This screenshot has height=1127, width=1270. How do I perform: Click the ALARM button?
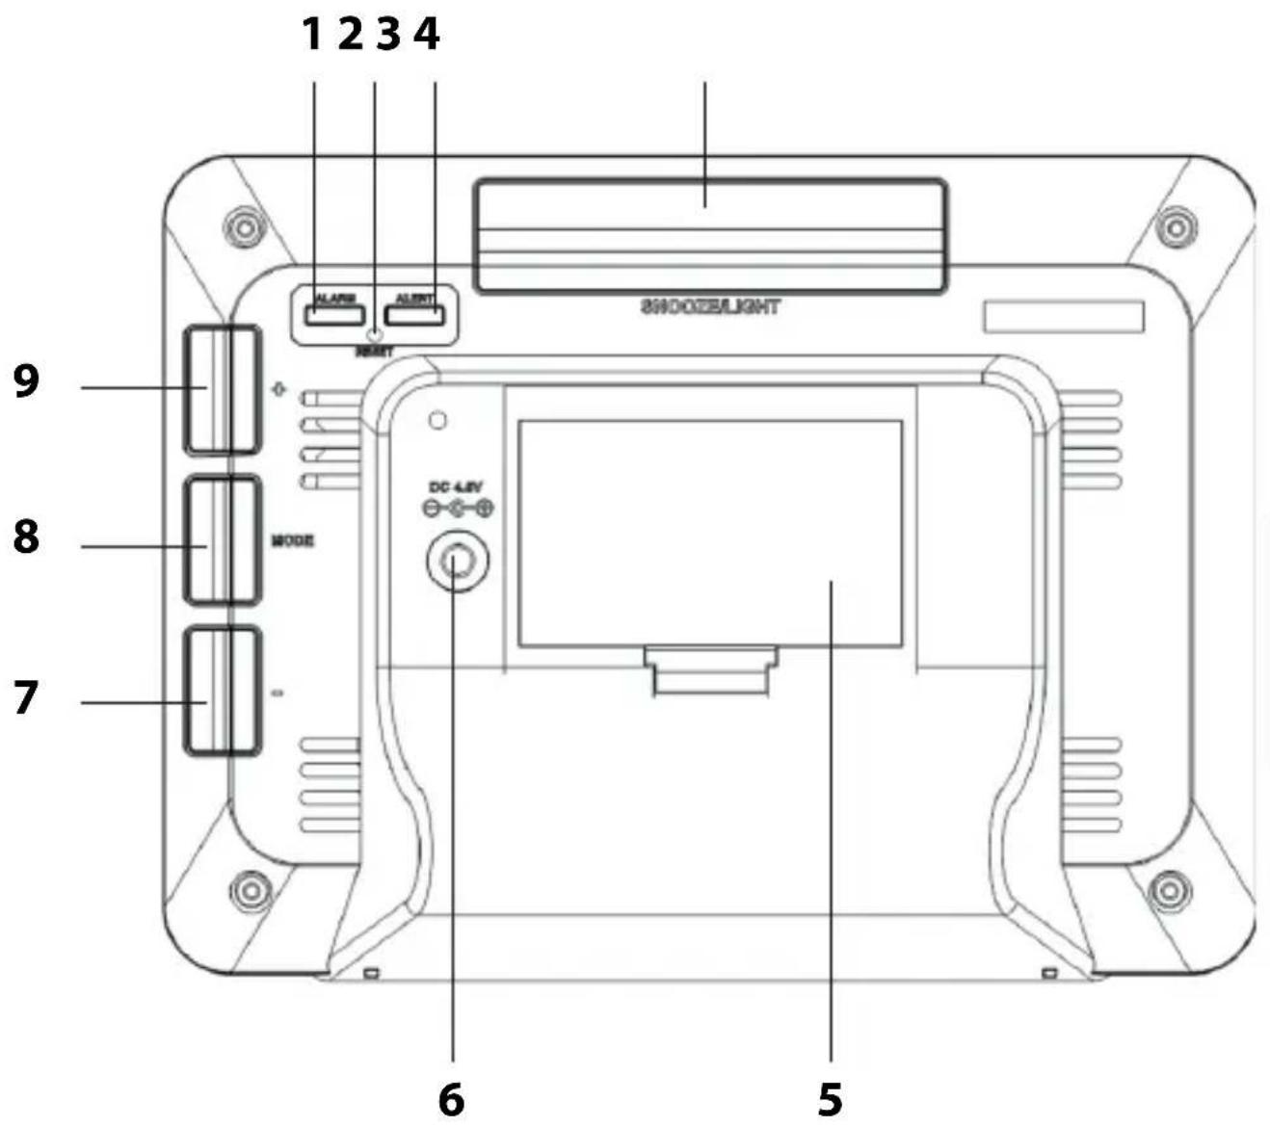click(335, 315)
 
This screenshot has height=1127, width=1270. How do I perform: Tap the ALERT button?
click(414, 315)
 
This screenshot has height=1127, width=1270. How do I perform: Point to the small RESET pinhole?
click(375, 335)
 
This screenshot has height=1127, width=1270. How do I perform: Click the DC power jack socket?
click(458, 560)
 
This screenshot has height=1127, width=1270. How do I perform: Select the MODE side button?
click(223, 540)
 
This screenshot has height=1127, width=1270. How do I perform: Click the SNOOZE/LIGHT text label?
click(710, 307)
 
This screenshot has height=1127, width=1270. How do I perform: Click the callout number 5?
click(830, 1099)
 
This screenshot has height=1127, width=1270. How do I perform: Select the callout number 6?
click(451, 1099)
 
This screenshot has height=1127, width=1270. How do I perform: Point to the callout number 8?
click(27, 537)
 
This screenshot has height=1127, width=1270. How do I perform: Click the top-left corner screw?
click(243, 228)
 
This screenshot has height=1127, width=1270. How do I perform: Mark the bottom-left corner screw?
click(251, 886)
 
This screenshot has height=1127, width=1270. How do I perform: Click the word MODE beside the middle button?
click(292, 541)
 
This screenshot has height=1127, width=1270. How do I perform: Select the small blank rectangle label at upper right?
click(1064, 317)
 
